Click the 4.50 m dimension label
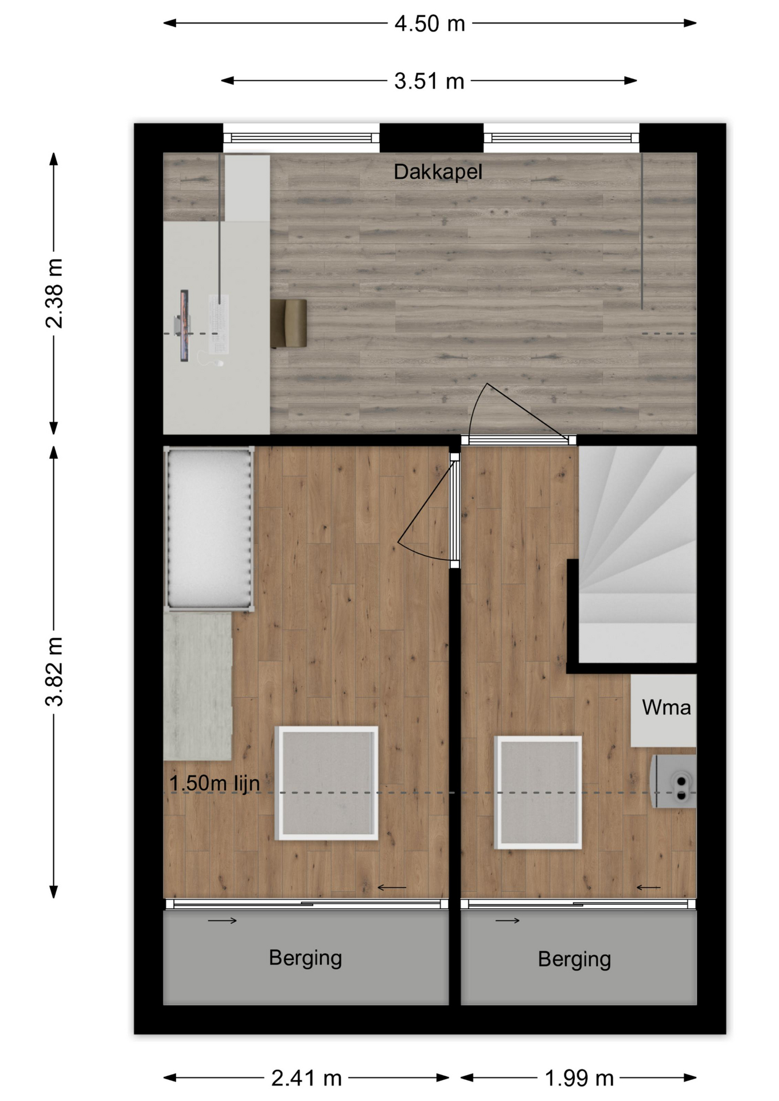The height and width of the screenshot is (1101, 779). point(430,24)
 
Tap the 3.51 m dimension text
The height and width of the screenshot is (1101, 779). point(429,81)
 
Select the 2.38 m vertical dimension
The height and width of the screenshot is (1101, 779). point(54,293)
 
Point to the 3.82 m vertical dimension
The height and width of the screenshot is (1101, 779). point(54,671)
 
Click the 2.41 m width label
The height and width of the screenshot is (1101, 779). point(306,1078)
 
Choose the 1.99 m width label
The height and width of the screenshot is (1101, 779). point(579,1078)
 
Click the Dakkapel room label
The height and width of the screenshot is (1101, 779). point(438,171)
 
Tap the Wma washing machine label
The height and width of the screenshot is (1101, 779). point(666,707)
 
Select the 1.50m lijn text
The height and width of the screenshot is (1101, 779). point(215,783)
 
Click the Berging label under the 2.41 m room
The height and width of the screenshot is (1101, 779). point(305,958)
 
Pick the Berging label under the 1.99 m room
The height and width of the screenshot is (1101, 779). point(574,959)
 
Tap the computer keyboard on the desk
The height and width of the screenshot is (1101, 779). point(219,324)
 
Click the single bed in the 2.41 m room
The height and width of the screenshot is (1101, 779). point(209,529)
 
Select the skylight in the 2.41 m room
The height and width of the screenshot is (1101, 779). point(326,783)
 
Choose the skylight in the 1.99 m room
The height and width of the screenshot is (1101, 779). point(538,792)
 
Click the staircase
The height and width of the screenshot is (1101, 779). point(637,554)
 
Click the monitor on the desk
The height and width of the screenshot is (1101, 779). point(184,325)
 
